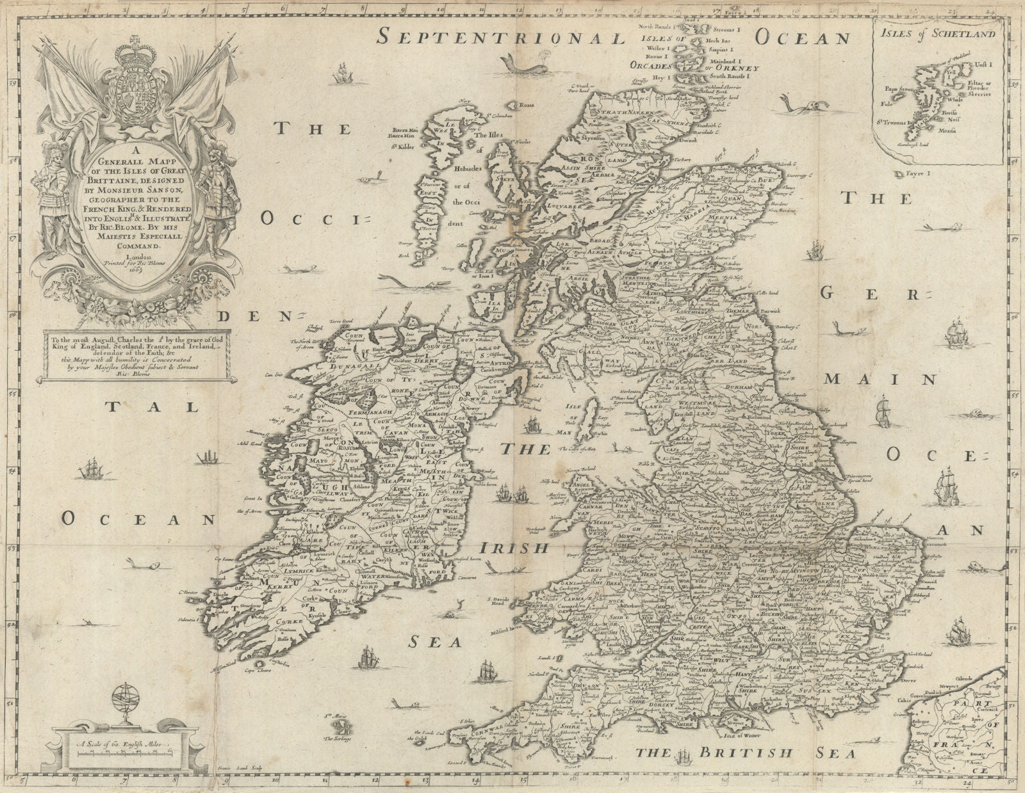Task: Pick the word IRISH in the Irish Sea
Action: click(514, 549)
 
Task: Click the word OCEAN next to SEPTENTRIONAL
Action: click(801, 36)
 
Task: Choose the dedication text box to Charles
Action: click(133, 356)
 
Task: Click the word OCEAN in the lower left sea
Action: click(137, 519)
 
